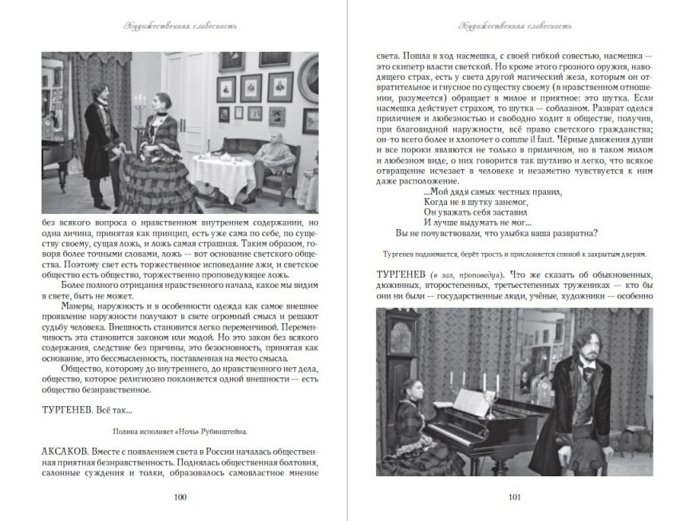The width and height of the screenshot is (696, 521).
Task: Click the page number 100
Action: pyautogui.click(x=180, y=498)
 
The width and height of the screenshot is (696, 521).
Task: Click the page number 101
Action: pyautogui.click(x=515, y=498)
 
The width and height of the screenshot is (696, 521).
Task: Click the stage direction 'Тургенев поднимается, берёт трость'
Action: pyautogui.click(x=515, y=255)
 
